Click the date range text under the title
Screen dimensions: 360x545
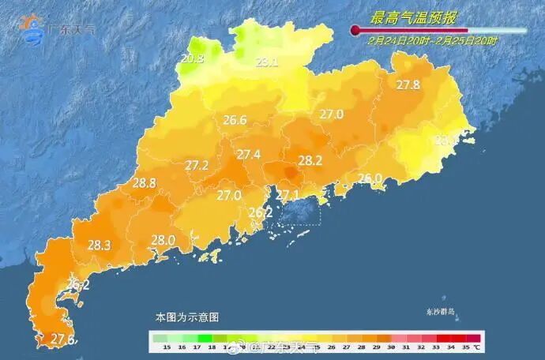(x=433, y=40)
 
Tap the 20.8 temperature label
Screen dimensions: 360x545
(x=192, y=58)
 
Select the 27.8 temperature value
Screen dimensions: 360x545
(x=408, y=84)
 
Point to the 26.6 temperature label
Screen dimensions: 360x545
(x=235, y=120)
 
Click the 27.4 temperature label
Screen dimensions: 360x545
(x=249, y=155)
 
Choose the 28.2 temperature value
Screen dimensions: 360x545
(x=310, y=160)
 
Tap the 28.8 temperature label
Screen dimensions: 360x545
(x=144, y=182)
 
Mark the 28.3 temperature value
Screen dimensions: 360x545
(x=99, y=245)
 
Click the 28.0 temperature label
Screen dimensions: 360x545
(x=163, y=240)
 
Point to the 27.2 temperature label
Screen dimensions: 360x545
(x=197, y=165)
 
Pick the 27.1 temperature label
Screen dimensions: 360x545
(x=286, y=195)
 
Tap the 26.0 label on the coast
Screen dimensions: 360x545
(x=370, y=178)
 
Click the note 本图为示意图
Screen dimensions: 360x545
(x=187, y=317)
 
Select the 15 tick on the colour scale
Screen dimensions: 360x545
(x=166, y=347)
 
